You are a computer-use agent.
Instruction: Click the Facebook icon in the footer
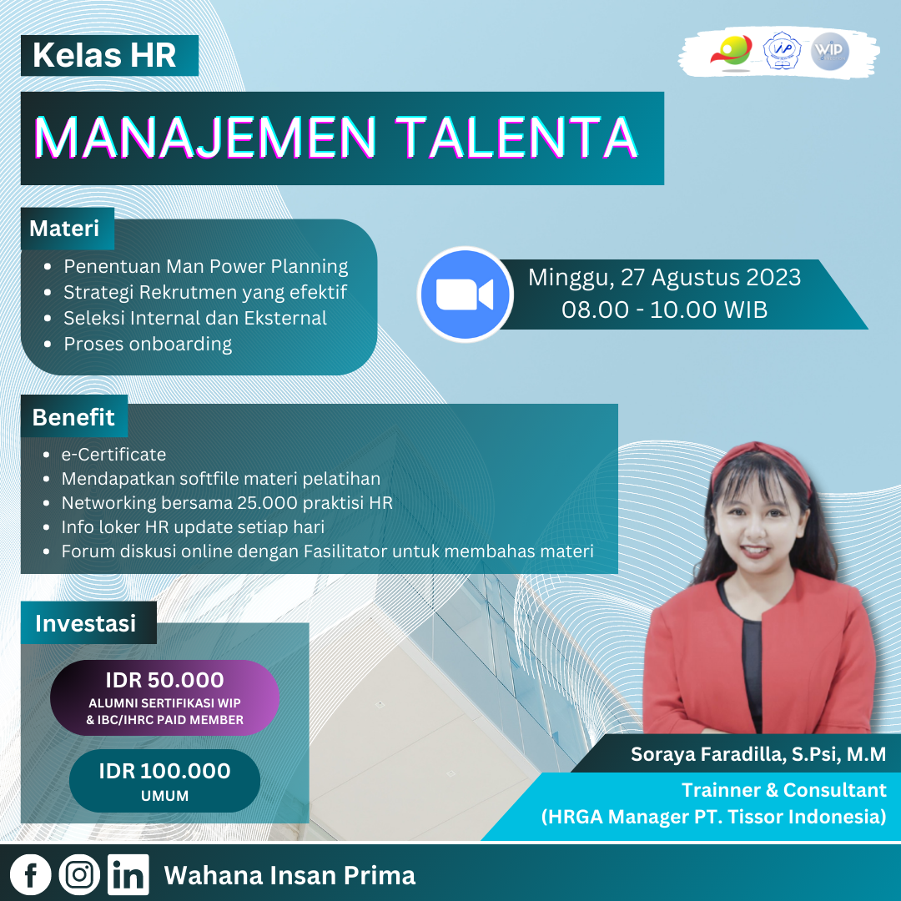31,874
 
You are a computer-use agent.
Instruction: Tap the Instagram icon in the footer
79,874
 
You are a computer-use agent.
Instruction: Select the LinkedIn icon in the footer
128,874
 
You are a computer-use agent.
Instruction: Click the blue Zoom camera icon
465,294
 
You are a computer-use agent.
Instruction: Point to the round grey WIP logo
830,51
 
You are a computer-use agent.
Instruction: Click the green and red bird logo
731,52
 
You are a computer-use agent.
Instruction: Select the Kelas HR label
104,55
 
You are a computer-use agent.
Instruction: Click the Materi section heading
64,229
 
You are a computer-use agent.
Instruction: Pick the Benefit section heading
73,417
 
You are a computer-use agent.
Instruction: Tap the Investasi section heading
86,623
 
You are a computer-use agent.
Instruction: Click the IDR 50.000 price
165,680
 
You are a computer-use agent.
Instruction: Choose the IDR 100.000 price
165,771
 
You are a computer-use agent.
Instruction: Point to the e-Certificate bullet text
113,455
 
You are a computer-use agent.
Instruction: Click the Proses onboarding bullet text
148,344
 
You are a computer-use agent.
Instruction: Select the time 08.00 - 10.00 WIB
665,310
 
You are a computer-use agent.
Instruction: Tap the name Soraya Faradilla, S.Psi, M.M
758,754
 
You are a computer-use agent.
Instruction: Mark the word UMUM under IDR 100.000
165,796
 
